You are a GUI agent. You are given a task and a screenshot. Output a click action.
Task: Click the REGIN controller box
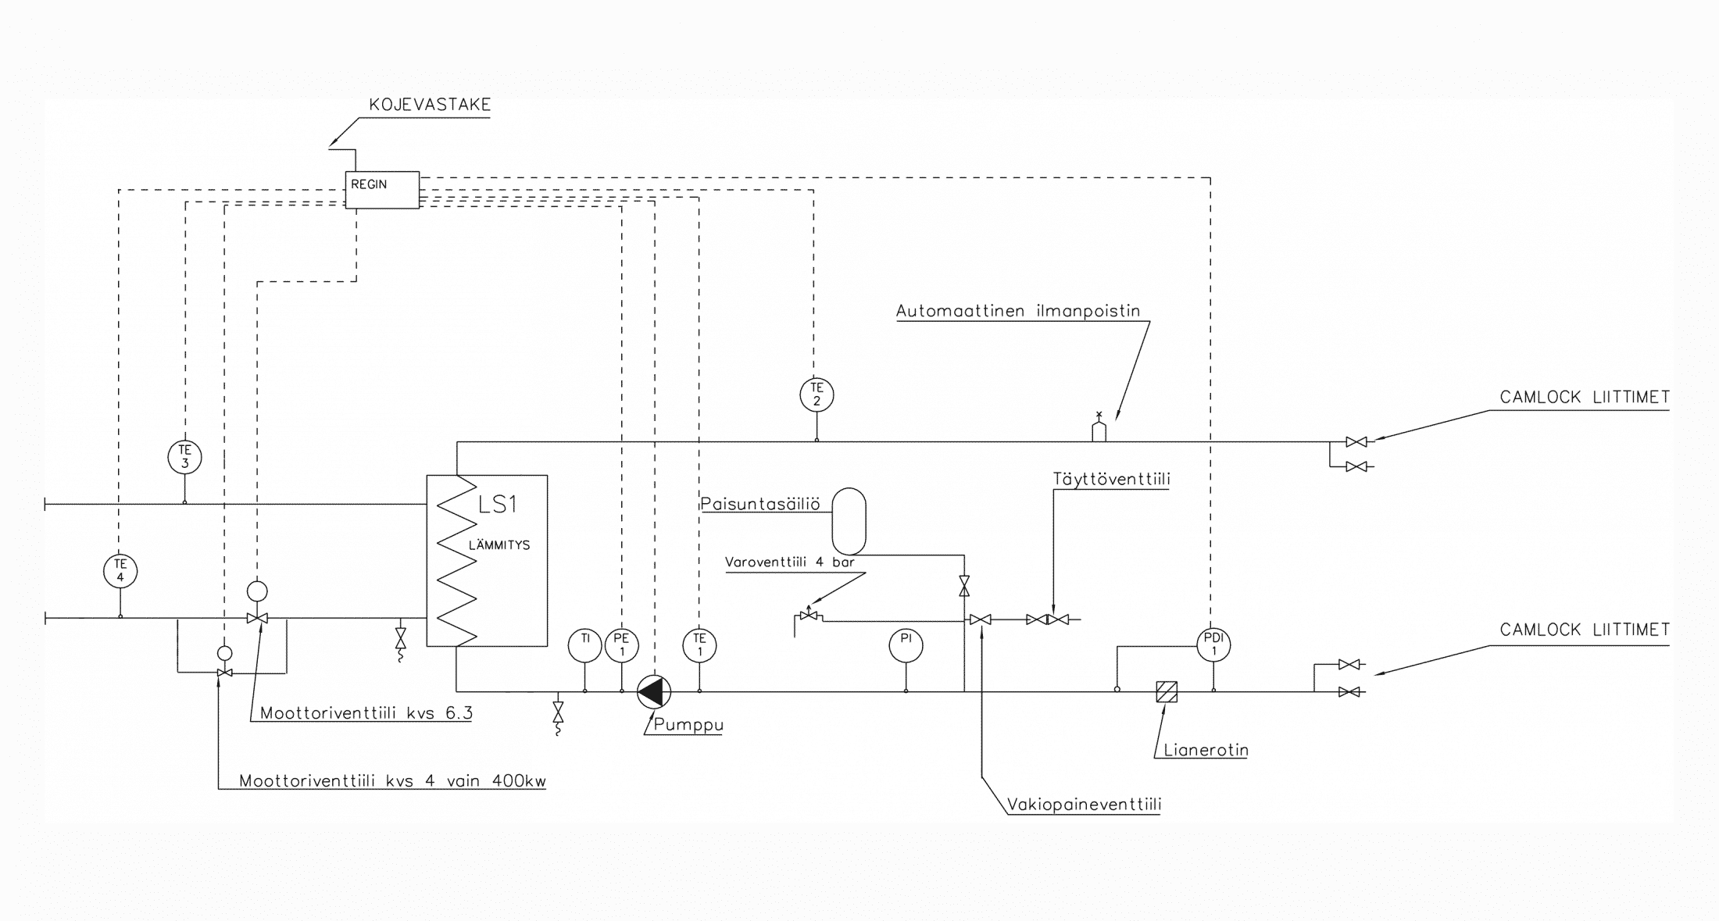pyautogui.click(x=382, y=190)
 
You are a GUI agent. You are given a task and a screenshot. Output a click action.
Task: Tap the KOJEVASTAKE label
pyautogui.click(x=430, y=105)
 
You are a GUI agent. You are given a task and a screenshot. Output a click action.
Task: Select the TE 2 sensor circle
pyautogui.click(x=817, y=394)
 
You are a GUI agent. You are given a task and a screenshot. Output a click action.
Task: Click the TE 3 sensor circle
pyautogui.click(x=185, y=457)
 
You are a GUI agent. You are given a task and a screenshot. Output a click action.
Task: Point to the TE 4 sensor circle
pyautogui.click(x=120, y=571)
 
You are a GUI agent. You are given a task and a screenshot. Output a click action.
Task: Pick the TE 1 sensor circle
pyautogui.click(x=699, y=645)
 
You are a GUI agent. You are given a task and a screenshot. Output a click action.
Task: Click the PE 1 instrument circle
pyautogui.click(x=622, y=645)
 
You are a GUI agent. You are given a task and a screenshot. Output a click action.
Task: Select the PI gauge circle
pyautogui.click(x=906, y=645)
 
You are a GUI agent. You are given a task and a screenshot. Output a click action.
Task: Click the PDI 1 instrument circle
pyautogui.click(x=1213, y=645)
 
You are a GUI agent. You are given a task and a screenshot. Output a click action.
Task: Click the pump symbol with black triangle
pyautogui.click(x=653, y=691)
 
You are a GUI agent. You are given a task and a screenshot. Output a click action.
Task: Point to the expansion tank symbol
pyautogui.click(x=849, y=521)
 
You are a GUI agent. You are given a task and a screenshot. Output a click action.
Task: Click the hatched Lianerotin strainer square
pyautogui.click(x=1167, y=692)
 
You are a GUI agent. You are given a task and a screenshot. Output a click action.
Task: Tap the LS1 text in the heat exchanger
pyautogui.click(x=498, y=505)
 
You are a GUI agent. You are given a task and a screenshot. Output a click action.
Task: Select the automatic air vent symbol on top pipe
pyautogui.click(x=1099, y=430)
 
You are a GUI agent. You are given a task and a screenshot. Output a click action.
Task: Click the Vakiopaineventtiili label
pyautogui.click(x=1084, y=805)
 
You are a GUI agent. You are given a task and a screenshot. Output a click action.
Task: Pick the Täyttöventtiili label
pyautogui.click(x=1111, y=480)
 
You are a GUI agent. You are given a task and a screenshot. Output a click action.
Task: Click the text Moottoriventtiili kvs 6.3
pyautogui.click(x=366, y=713)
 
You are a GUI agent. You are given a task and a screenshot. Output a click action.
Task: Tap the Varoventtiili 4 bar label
pyautogui.click(x=789, y=562)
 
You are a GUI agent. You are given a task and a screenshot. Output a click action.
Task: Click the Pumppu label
pyautogui.click(x=688, y=725)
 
